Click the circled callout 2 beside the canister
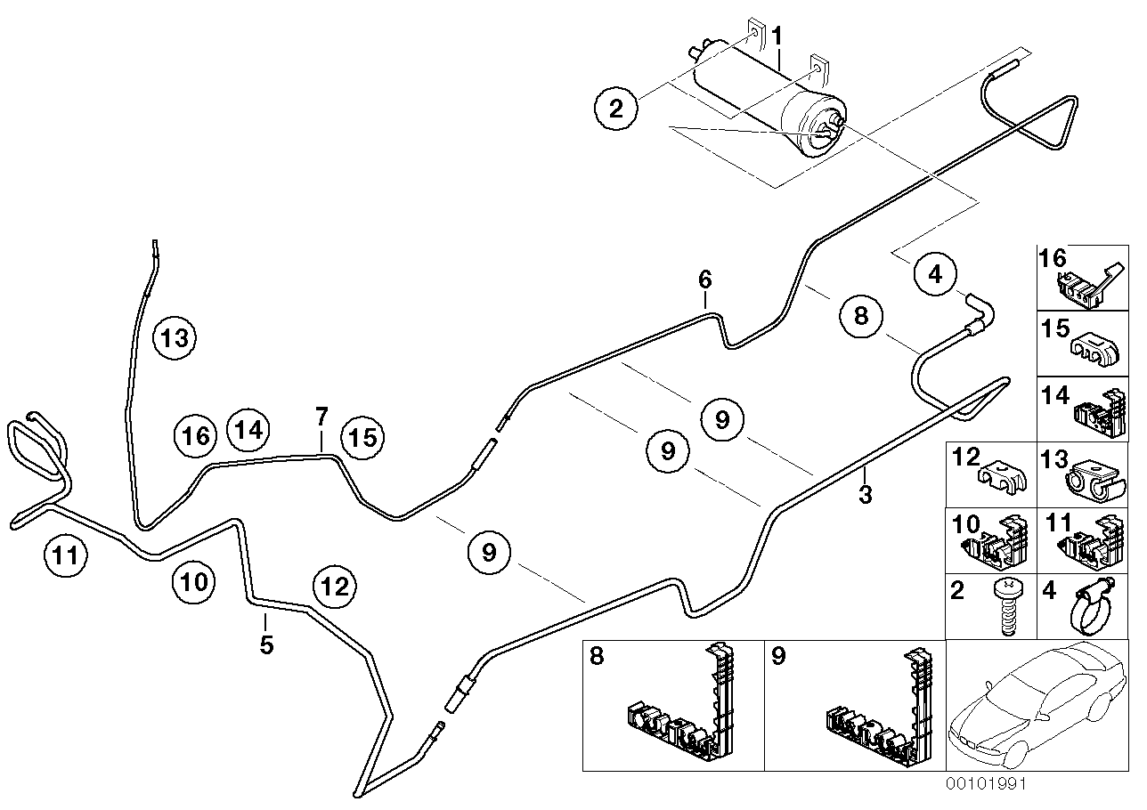click(x=616, y=109)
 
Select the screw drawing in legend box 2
click(x=1007, y=605)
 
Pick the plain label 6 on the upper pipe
click(x=705, y=279)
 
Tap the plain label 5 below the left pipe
click(x=266, y=644)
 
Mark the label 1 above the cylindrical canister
click(x=777, y=36)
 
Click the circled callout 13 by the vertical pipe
click(x=175, y=338)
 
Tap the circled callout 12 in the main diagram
click(x=334, y=586)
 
